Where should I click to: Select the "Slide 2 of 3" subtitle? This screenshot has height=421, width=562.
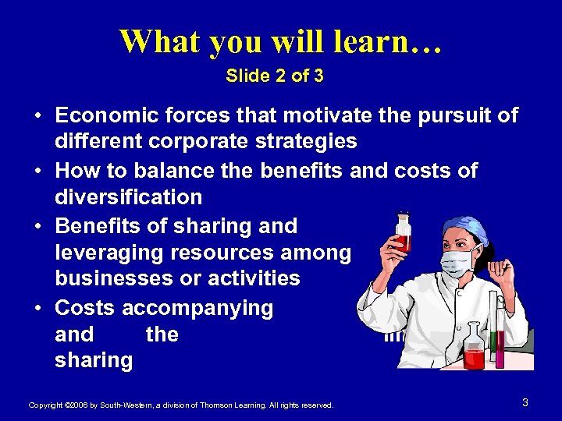[x=275, y=76]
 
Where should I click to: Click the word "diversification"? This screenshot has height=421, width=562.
[x=128, y=197]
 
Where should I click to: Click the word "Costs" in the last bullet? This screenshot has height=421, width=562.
[x=86, y=308]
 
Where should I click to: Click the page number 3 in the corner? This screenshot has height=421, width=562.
[x=525, y=402]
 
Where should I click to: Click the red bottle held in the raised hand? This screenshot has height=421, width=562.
[x=403, y=232]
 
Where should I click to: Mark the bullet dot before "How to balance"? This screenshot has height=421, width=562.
[x=37, y=172]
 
